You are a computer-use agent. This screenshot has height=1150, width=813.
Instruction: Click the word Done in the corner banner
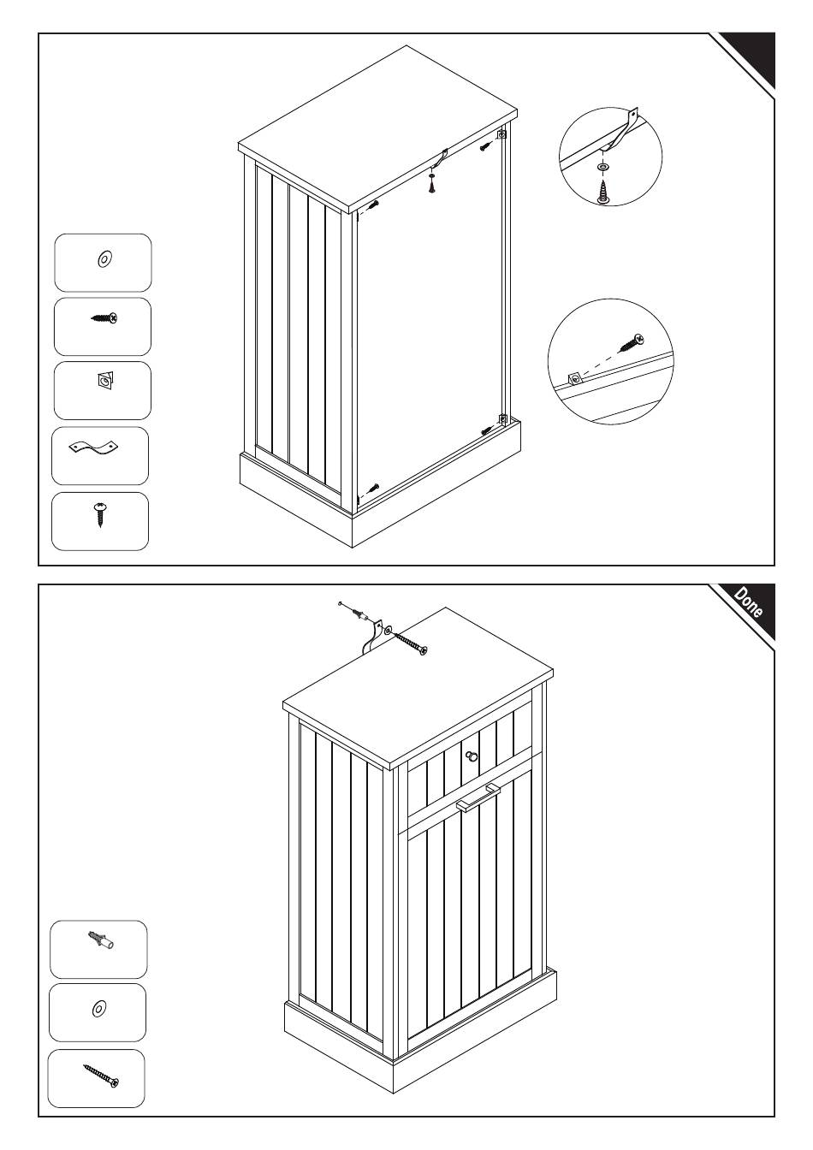point(748,603)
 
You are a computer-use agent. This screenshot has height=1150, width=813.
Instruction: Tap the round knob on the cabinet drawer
point(472,756)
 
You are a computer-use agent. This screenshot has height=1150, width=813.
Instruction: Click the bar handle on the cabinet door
point(478,797)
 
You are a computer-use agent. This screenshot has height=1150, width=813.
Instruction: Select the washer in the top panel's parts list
point(104,258)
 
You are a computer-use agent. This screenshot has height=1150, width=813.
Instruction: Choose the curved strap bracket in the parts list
point(92,448)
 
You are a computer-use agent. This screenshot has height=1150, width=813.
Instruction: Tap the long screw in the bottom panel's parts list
point(101,1075)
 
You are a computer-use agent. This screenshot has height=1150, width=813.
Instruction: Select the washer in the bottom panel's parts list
point(98,1010)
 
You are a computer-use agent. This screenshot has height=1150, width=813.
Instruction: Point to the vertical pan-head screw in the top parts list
point(101,514)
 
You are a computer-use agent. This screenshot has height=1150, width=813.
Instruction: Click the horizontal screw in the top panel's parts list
point(104,319)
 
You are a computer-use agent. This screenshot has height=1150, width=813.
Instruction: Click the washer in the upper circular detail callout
point(604,164)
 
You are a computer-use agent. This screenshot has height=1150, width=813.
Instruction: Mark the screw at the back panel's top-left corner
point(373,205)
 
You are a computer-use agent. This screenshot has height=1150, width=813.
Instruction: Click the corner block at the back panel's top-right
point(501,134)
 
